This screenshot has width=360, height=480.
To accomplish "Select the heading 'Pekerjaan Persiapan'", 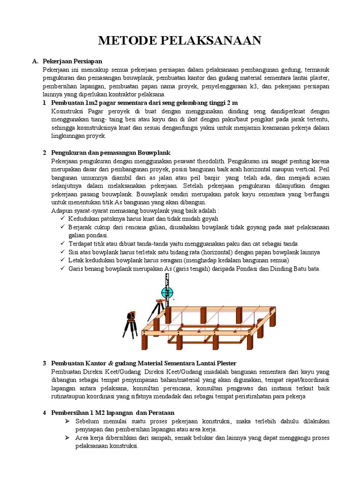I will tap(72, 61).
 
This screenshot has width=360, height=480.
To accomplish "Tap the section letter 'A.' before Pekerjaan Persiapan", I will tap(35, 61).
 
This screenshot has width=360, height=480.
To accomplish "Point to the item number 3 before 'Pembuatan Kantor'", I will tap(44, 363).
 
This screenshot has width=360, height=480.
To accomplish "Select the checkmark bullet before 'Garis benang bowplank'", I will tap(63, 269).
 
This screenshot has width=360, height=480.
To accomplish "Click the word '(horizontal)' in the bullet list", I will tap(207, 252).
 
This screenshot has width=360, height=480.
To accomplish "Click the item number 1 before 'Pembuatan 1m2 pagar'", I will tap(44, 103).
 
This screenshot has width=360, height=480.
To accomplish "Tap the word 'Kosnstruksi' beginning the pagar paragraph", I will tap(67, 111).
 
